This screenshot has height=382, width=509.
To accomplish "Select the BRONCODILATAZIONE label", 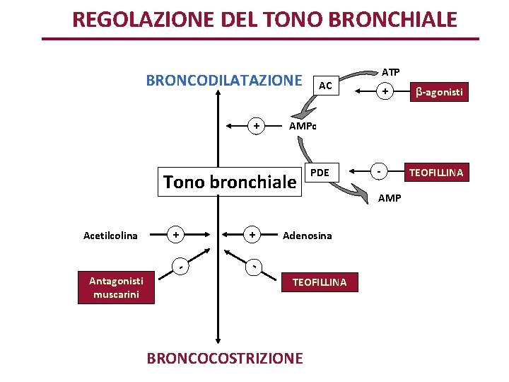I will (223, 79).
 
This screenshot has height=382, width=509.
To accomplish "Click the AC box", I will (325, 85).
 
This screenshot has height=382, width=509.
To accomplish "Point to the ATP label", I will (390, 72).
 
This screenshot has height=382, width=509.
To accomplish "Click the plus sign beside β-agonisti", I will (385, 92).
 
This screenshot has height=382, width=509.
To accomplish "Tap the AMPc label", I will (303, 127).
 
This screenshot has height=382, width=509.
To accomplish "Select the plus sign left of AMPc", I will (257, 127).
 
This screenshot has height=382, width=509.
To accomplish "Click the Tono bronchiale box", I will (230, 182).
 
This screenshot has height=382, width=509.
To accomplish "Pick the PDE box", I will (320, 173).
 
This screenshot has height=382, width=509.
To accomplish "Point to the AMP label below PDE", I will (390, 198).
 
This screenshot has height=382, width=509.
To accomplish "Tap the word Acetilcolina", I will (110, 236).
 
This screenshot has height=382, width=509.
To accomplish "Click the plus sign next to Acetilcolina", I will (177, 234).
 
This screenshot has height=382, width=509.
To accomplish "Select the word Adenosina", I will (307, 236).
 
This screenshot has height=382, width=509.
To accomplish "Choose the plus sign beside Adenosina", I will (252, 234).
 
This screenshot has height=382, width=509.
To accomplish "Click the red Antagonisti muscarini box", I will (116, 288).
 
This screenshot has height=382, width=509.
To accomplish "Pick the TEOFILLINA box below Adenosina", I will (320, 282).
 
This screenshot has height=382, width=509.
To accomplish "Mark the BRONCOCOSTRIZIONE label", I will (224, 358).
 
